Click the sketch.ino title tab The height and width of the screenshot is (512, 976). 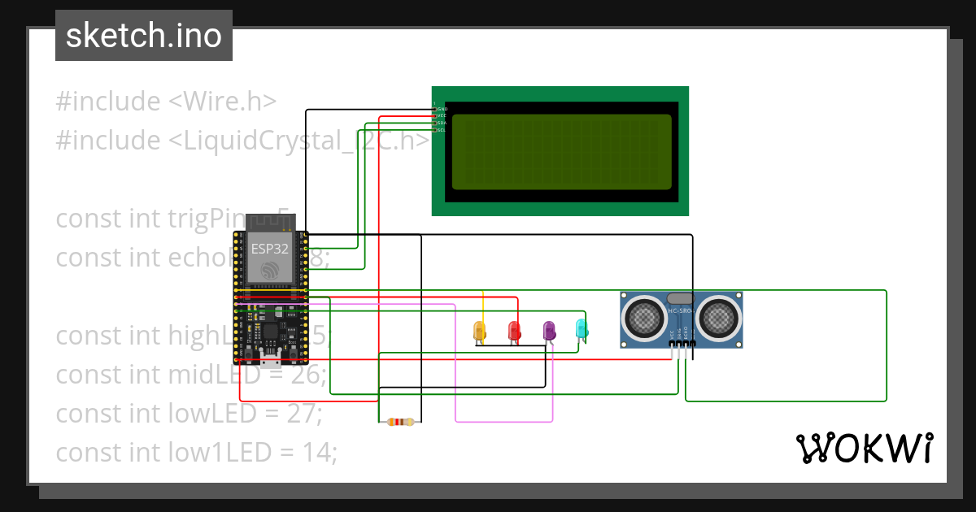[144, 36]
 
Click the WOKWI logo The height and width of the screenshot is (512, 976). [863, 448]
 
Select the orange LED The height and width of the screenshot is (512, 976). [480, 331]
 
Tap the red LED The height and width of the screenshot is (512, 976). [514, 331]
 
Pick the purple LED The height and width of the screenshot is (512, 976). [549, 330]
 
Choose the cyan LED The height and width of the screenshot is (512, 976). [582, 328]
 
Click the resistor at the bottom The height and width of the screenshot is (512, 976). [399, 421]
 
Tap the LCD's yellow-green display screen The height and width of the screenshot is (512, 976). [561, 152]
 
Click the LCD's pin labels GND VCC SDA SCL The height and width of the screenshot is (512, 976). [441, 119]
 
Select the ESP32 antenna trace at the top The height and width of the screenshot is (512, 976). [269, 220]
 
